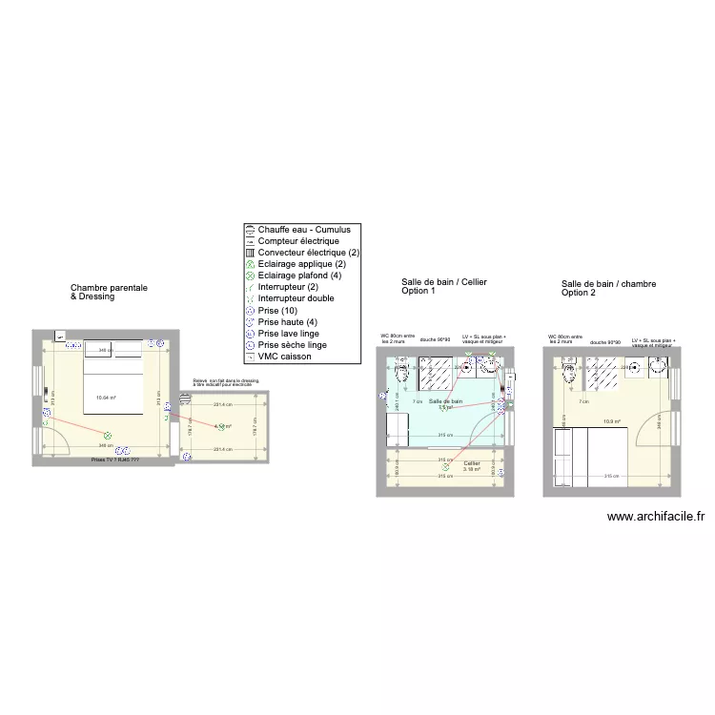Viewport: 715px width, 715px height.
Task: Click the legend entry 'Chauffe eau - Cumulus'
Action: [x=303, y=230]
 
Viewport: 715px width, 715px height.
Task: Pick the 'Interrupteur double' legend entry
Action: [x=296, y=298]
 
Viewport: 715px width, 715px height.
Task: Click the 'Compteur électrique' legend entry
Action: [x=298, y=241]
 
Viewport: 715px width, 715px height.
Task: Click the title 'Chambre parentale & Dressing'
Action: [x=109, y=291]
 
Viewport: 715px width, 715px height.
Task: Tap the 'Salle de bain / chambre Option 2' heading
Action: [x=608, y=288]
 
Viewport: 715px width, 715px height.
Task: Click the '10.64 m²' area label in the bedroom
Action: [x=105, y=398]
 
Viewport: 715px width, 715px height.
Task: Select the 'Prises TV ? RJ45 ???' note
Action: [x=115, y=460]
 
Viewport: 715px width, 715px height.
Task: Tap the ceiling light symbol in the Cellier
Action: [x=445, y=467]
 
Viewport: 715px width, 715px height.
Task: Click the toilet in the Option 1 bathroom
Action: [x=402, y=374]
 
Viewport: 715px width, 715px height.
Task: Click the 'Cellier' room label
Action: [x=472, y=463]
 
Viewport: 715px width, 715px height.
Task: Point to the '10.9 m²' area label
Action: [x=611, y=421]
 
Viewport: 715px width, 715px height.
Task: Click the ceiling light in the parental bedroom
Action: [x=108, y=436]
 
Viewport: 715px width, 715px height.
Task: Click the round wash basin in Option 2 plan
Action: [x=662, y=368]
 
